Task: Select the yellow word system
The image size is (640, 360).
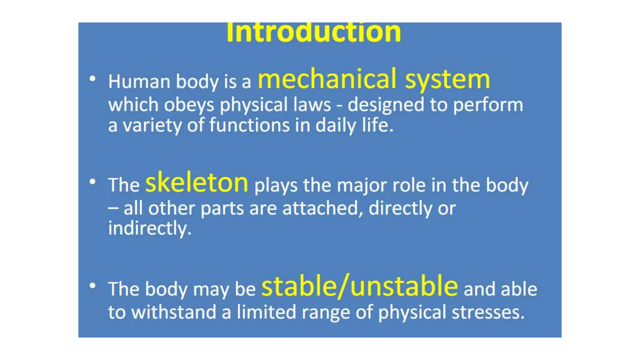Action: point(447,80)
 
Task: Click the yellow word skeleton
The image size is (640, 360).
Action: point(197,183)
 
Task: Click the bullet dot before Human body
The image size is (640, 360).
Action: point(92,78)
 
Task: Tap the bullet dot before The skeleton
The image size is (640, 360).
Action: point(92,182)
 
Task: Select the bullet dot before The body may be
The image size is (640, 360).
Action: point(92,286)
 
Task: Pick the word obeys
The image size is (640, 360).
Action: point(189,105)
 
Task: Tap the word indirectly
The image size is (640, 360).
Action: point(150,228)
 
